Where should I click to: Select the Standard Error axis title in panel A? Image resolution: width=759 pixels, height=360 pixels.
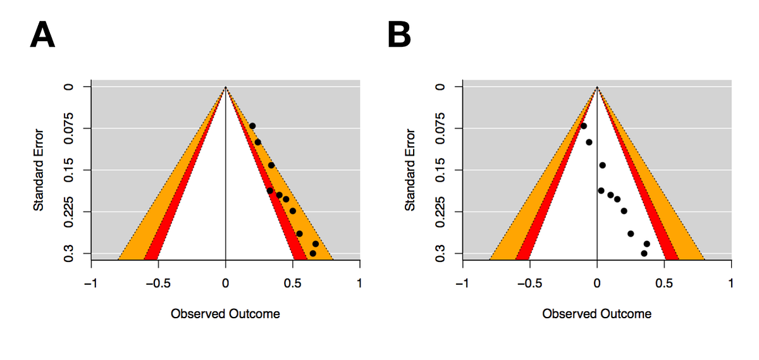pyautogui.click(x=39, y=170)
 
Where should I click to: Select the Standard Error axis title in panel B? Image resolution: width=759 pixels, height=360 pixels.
pyautogui.click(x=410, y=170)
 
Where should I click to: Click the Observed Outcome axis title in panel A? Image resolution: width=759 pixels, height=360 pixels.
pyautogui.click(x=225, y=314)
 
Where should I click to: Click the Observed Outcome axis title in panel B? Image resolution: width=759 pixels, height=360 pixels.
pyautogui.click(x=596, y=314)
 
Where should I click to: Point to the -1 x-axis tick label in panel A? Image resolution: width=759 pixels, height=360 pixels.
pyautogui.click(x=91, y=283)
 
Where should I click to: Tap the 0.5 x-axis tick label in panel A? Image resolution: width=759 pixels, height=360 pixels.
pyautogui.click(x=293, y=283)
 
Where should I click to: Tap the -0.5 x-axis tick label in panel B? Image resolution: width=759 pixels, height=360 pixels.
pyautogui.click(x=529, y=283)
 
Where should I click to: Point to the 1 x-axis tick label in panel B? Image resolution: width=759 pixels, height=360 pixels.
pyautogui.click(x=731, y=283)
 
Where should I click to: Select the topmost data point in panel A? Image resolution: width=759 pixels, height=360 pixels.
pyautogui.click(x=252, y=126)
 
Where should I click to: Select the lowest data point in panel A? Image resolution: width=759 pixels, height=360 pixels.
pyautogui.click(x=312, y=253)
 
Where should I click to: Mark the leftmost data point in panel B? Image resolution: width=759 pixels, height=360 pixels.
pyautogui.click(x=583, y=126)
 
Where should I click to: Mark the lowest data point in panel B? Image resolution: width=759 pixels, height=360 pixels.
pyautogui.click(x=644, y=253)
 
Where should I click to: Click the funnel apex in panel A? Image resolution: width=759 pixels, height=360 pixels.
pyautogui.click(x=226, y=87)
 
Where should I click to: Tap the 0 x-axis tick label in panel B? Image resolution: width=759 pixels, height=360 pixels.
pyautogui.click(x=597, y=283)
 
